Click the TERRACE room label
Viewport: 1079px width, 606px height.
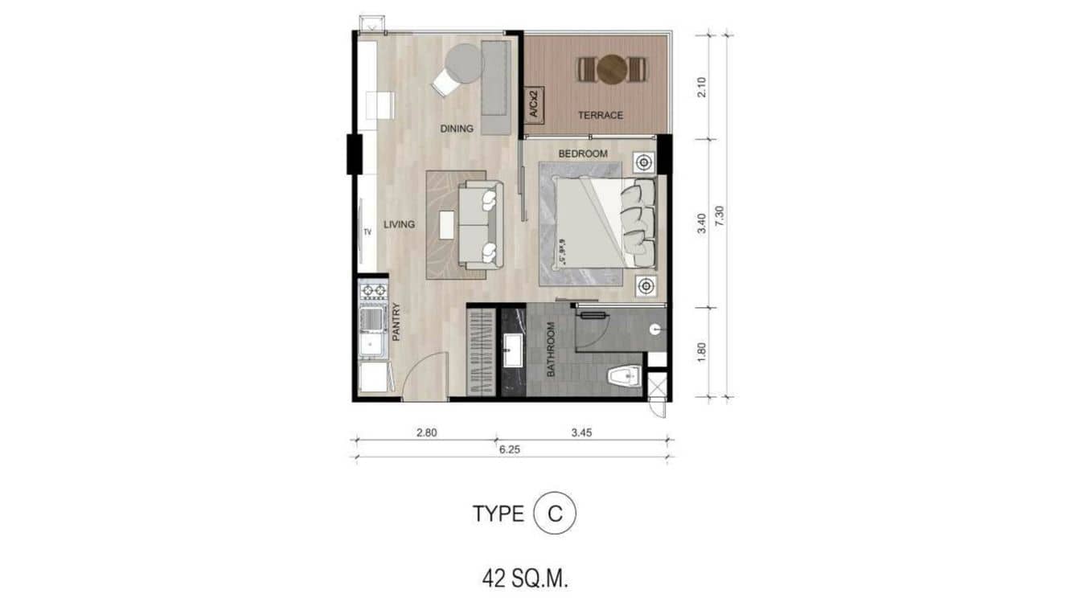pos(600,115)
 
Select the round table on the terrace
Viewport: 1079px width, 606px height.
pos(612,69)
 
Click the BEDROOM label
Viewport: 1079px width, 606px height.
pos(583,154)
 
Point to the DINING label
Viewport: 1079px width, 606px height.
pos(456,129)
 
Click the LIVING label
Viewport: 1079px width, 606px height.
pos(399,224)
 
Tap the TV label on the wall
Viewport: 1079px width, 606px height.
pos(367,232)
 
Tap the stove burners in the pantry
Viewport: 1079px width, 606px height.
pos(373,291)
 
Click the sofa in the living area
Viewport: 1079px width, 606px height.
pos(480,224)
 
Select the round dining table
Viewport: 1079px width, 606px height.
pos(463,63)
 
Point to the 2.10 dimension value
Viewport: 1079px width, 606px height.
pos(702,86)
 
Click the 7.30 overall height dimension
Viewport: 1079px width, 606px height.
pos(720,216)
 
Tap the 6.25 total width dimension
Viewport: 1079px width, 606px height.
pos(509,450)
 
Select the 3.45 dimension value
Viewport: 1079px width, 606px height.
pos(581,432)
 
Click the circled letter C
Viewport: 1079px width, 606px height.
pos(555,514)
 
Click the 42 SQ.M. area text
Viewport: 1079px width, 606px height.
pos(526,579)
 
